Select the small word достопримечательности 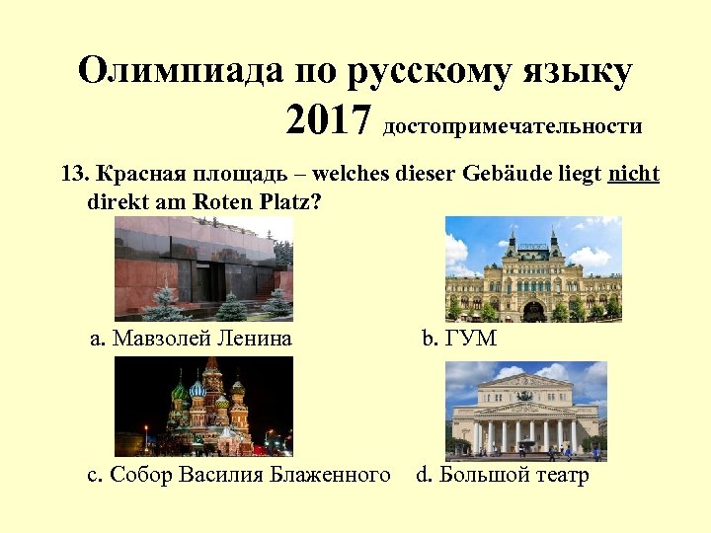tap(513, 126)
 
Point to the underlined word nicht tap(634, 175)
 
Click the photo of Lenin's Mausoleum tap(203, 268)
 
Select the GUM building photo tap(533, 268)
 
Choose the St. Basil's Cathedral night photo tap(203, 406)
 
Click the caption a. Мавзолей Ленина tap(191, 339)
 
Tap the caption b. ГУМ tap(459, 339)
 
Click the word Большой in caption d tap(478, 476)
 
